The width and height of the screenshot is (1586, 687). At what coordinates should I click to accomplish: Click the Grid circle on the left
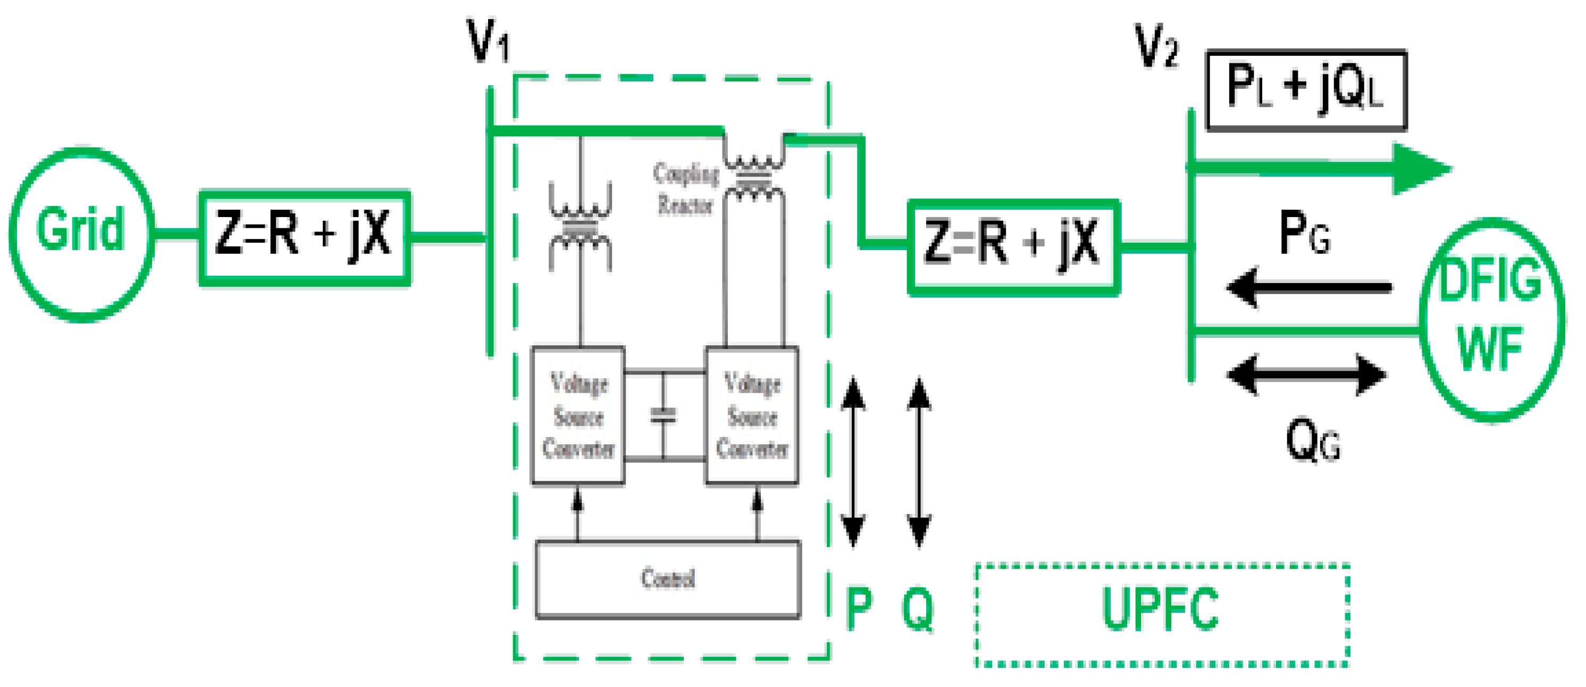pos(81,234)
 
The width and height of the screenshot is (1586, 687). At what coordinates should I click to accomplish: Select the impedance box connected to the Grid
pos(304,238)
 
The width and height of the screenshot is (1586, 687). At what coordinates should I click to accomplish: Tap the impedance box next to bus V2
pos(1013,247)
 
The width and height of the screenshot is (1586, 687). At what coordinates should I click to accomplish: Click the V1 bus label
pos(488,42)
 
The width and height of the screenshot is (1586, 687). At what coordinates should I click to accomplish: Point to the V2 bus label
pos(1156,46)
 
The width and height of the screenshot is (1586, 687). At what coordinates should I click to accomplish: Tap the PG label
pos(1304,233)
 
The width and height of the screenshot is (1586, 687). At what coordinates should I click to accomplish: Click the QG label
pos(1312,441)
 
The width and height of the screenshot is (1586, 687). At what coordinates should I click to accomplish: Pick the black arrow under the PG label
pos(1308,288)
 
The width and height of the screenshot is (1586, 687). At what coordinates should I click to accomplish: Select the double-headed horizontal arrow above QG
pos(1306,374)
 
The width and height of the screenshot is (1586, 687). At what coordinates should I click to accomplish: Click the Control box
pos(668,579)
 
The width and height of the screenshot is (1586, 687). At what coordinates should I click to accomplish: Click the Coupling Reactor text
pos(685,188)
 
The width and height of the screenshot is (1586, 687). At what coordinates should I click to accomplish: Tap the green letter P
pos(859,609)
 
